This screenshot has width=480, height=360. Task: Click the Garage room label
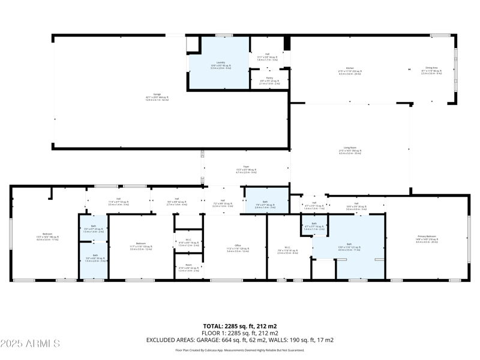[157, 98]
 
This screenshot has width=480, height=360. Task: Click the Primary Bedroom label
[427, 239]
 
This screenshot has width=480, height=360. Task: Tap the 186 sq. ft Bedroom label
[47, 236]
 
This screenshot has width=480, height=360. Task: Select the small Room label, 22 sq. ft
[189, 269]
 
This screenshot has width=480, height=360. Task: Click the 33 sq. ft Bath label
[95, 259]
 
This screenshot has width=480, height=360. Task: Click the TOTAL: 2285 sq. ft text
[240, 326]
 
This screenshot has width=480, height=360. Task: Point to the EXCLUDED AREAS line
[240, 340]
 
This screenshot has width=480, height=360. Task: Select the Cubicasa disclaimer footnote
[240, 350]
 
